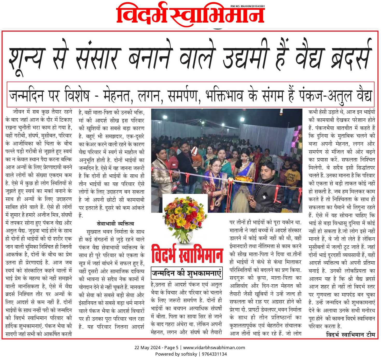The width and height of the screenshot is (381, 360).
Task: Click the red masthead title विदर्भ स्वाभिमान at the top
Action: (190, 15)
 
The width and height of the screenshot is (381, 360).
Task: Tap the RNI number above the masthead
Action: (248, 6)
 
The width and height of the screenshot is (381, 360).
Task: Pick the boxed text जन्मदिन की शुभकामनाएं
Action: (187, 273)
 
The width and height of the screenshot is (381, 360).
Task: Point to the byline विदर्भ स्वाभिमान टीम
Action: (350, 335)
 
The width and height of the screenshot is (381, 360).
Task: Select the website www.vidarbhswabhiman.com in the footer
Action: (214, 348)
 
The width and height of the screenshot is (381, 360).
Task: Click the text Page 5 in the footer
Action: (171, 348)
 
